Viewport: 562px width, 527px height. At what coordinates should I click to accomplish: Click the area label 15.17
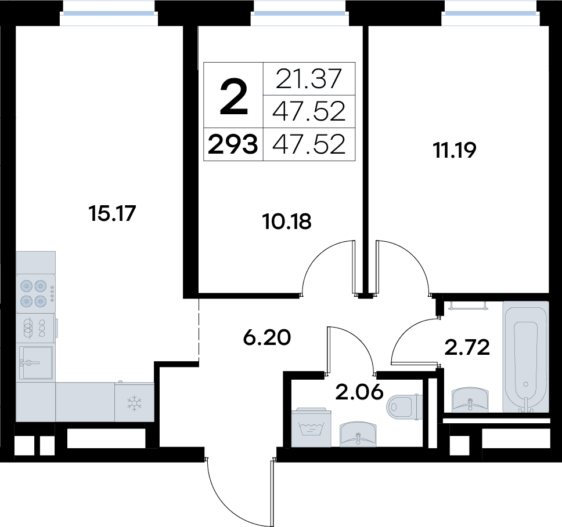click(112, 213)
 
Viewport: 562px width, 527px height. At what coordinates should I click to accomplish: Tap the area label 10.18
click(287, 221)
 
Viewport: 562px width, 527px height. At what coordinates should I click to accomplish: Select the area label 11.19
click(455, 150)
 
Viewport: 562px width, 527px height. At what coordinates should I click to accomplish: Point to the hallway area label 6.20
click(267, 337)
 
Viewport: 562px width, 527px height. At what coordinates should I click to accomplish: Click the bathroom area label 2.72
click(467, 347)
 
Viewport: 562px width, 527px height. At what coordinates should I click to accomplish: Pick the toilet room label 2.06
click(359, 392)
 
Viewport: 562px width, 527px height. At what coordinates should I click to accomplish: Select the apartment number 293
click(233, 144)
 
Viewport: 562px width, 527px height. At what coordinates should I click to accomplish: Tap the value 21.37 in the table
click(309, 79)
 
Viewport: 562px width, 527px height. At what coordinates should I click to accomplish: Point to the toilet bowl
click(405, 406)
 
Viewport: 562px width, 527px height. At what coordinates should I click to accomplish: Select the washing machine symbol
click(311, 427)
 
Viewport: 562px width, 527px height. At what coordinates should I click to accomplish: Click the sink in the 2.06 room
click(358, 434)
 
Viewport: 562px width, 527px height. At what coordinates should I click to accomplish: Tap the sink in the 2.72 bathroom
click(470, 400)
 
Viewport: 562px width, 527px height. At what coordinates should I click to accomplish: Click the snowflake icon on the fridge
click(135, 403)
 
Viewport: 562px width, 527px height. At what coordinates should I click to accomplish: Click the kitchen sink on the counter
click(36, 363)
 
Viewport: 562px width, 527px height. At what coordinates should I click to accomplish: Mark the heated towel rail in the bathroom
click(468, 306)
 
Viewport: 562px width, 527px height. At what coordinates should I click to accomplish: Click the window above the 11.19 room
click(490, 13)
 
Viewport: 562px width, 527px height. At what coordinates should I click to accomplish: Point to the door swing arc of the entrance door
click(229, 505)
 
